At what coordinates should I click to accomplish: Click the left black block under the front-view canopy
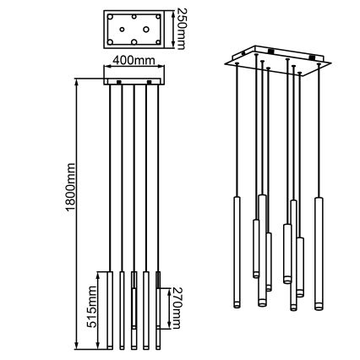coord(119,83)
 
